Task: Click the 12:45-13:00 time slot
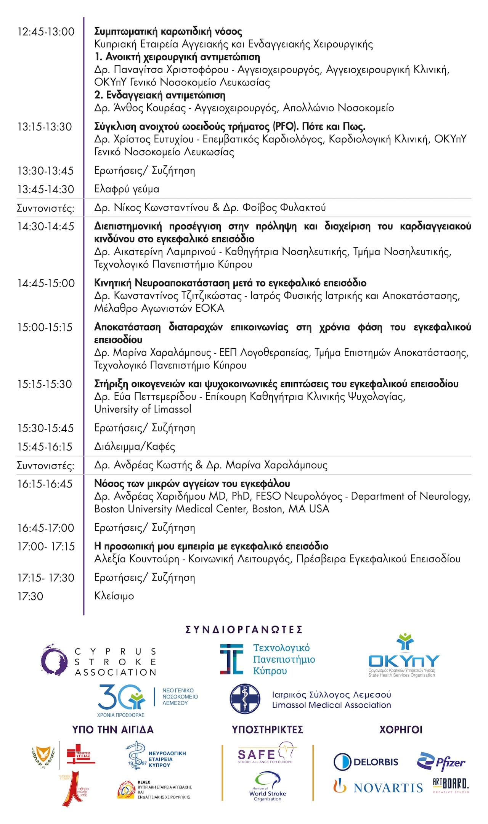(46, 32)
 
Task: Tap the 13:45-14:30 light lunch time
(45, 189)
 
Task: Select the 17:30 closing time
(30, 596)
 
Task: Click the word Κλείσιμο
(114, 596)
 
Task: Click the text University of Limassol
(143, 409)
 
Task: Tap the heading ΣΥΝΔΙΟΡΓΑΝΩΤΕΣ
(244, 629)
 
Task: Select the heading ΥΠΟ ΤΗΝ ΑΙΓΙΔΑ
(113, 730)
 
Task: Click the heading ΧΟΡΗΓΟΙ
(400, 730)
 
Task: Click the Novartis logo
(378, 787)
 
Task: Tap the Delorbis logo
(366, 762)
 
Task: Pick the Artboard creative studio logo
(450, 785)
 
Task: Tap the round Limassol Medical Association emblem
(245, 699)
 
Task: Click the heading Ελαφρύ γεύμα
(127, 189)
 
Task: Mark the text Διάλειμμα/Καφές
(135, 446)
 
